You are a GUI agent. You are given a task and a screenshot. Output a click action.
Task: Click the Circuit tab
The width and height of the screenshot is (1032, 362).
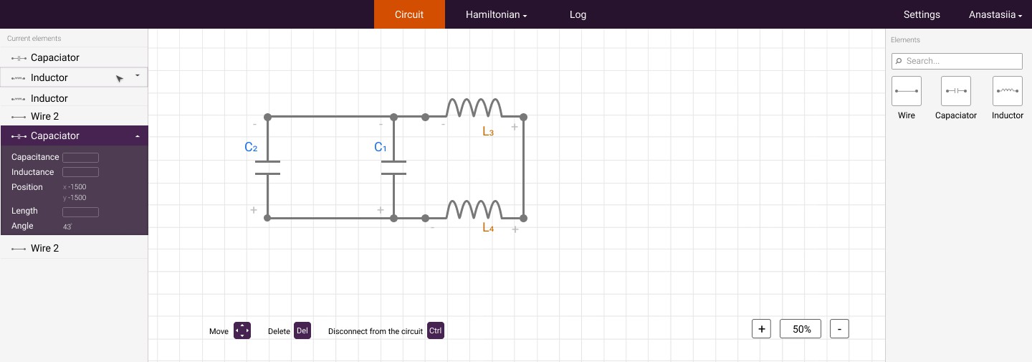(x=409, y=14)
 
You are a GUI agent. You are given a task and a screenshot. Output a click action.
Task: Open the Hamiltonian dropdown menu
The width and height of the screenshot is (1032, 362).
(x=496, y=14)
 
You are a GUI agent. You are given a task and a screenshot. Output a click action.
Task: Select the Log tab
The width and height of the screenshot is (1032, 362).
(x=578, y=14)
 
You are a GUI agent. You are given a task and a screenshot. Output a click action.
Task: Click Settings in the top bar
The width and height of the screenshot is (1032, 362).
(x=922, y=14)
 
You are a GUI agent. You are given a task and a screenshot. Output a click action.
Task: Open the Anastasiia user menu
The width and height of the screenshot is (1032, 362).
(x=995, y=14)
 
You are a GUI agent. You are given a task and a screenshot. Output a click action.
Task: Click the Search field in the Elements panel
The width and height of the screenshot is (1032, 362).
(x=957, y=61)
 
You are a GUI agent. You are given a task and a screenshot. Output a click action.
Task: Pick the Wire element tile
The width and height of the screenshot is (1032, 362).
(x=906, y=91)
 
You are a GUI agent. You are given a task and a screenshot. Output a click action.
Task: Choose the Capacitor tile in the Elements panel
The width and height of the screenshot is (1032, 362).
(x=955, y=91)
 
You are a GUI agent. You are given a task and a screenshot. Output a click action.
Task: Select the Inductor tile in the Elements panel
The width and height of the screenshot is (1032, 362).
(x=1007, y=91)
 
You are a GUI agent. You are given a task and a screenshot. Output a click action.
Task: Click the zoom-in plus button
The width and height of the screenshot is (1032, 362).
(x=761, y=329)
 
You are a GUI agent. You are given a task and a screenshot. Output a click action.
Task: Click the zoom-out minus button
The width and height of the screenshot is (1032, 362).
(x=839, y=329)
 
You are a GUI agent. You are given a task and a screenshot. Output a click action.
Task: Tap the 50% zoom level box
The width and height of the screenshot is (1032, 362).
(x=801, y=329)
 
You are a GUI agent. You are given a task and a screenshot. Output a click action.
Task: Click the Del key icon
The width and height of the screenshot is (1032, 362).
(x=302, y=330)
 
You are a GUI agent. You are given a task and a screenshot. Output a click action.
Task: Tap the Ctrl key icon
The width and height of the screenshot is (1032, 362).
(x=436, y=330)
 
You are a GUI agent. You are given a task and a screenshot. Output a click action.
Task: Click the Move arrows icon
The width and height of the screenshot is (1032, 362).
(x=242, y=330)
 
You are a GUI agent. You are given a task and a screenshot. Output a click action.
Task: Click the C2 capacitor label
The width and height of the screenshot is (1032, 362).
(x=251, y=148)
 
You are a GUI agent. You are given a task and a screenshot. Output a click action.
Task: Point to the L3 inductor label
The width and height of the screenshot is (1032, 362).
(x=488, y=132)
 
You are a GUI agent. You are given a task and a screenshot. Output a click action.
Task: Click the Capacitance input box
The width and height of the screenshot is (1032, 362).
(x=80, y=157)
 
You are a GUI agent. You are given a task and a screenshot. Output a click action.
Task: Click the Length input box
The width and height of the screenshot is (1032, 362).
(x=80, y=212)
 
